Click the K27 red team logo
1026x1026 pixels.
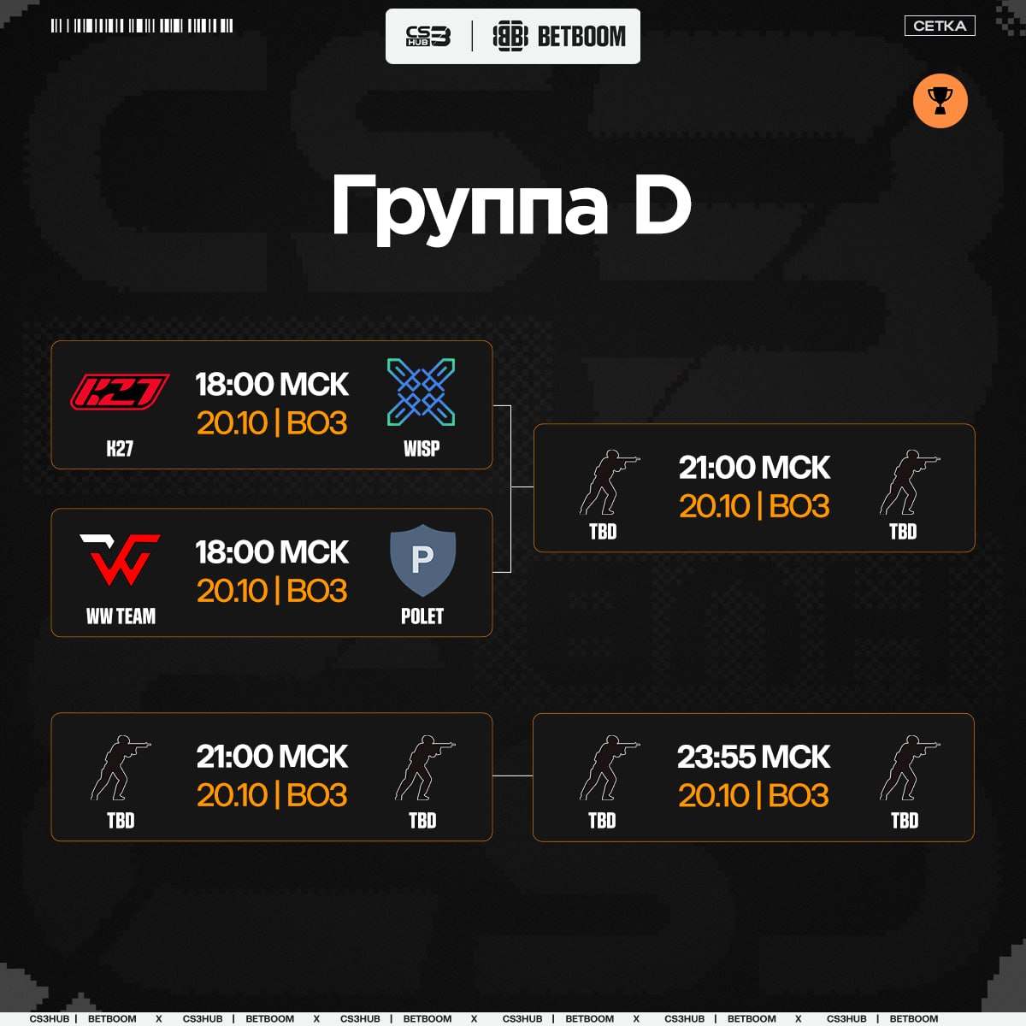(120, 392)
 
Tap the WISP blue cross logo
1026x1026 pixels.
(421, 392)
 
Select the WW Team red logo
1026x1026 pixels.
(121, 559)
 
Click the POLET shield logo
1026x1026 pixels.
(422, 559)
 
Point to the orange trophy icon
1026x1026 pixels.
(940, 101)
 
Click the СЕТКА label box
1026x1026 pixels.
(940, 26)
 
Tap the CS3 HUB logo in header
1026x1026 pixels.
(428, 36)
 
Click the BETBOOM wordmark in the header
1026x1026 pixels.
(581, 36)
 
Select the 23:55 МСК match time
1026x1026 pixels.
(753, 756)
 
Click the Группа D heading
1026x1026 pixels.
(511, 207)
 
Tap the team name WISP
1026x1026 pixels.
(422, 449)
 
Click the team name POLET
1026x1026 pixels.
(422, 616)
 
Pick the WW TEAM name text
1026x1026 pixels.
(121, 616)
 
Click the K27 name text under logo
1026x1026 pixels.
(120, 449)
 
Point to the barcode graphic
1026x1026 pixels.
(142, 26)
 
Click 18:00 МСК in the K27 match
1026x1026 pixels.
(272, 384)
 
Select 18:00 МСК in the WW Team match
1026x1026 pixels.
(272, 551)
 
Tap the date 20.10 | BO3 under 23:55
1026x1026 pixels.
(753, 795)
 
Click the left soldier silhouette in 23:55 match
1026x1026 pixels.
(609, 768)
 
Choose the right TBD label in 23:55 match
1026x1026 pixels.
(905, 821)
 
